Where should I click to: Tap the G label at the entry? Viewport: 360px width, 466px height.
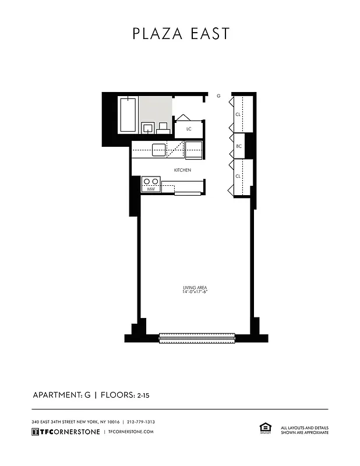point(218,96)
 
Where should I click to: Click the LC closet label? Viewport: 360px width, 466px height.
point(189,129)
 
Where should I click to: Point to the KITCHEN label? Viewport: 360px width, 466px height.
point(183,170)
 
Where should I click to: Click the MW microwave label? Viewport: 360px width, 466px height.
point(150,189)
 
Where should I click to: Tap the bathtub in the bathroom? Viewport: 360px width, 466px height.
point(128,115)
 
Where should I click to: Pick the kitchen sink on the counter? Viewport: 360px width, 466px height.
point(159,150)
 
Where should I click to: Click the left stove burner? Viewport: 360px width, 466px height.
point(147,181)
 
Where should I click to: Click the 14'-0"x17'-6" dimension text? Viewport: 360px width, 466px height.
point(195,292)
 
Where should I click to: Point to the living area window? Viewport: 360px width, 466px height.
point(197,337)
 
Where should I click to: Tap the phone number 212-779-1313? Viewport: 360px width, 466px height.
point(140,422)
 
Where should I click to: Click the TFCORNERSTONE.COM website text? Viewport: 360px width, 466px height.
point(130,432)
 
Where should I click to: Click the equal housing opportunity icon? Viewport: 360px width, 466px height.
point(264,428)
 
